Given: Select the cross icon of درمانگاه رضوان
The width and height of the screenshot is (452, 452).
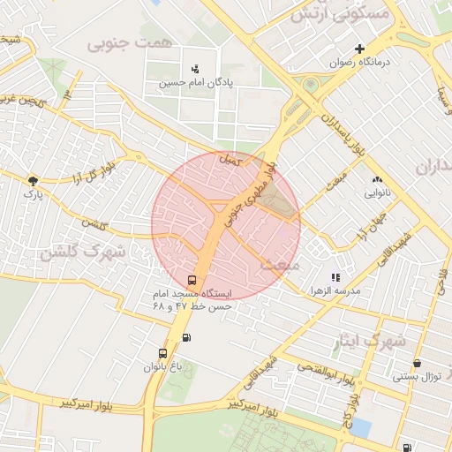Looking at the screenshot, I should point(358,49).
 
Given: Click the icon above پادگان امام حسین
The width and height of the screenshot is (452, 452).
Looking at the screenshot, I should point(195,68).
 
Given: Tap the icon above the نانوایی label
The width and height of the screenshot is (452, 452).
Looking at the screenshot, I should point(377,179).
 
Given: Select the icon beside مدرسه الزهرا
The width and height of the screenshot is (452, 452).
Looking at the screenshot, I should point(335,277).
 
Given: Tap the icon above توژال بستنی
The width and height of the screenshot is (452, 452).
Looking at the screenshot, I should point(416,363).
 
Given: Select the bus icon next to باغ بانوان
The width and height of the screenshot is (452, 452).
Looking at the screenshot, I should point(162,353).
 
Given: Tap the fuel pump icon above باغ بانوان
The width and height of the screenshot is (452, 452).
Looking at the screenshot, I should point(185,337).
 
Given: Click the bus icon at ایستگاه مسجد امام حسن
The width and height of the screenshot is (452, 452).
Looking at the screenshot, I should point(192,280).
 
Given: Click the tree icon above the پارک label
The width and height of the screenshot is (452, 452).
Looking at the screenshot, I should point(33,179).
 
